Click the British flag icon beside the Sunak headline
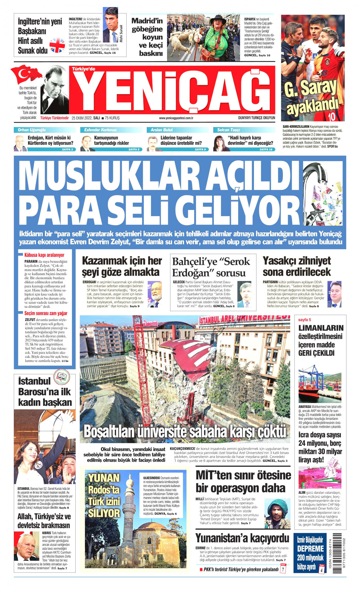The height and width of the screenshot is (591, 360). (x=57, y=45)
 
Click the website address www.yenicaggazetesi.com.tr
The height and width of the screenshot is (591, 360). (x=176, y=118)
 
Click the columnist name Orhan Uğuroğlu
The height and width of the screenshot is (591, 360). (x=31, y=130)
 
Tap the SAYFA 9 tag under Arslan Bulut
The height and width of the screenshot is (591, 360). (x=200, y=150)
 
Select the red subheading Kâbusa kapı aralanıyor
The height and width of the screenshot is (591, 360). (x=44, y=255)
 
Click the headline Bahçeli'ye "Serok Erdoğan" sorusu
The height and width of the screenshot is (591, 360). (x=211, y=267)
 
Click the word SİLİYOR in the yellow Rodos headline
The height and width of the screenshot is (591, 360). (x=104, y=513)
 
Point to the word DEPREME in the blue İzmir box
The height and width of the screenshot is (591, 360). (x=310, y=549)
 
